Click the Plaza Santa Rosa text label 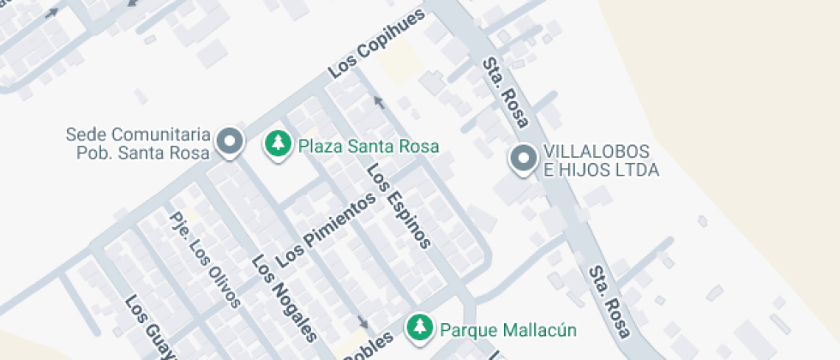pos(369,147)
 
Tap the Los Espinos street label pos(398,205)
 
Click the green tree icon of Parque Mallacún pos(418,326)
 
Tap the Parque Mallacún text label pos(507,330)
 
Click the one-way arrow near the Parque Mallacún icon pos(363,321)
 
